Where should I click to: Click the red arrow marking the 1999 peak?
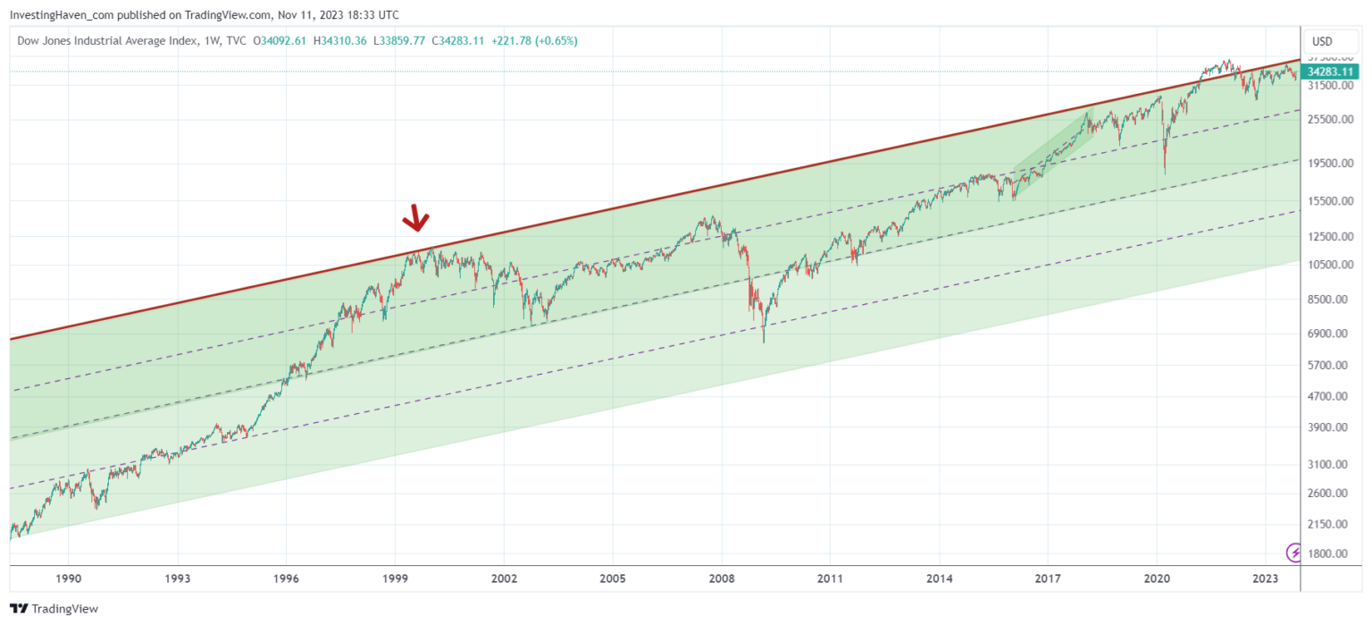pos(415,217)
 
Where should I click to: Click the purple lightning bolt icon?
pos(1293,553)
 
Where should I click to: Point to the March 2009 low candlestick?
pos(764,340)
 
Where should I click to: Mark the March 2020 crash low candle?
pos(1164,172)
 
